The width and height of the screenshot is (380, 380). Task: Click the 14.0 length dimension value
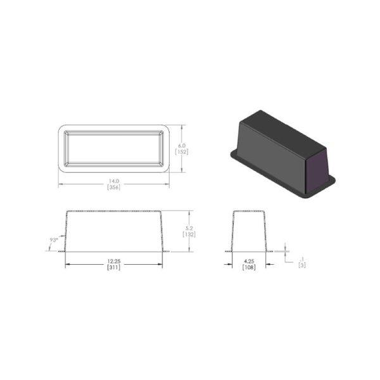point(113,181)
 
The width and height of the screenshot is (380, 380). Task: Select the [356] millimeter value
point(113,187)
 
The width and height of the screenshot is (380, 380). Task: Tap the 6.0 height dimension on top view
point(182,146)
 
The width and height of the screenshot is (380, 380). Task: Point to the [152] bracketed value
point(182,152)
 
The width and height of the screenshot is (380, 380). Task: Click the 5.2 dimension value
point(189,228)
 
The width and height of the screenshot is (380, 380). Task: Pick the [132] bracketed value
point(189,234)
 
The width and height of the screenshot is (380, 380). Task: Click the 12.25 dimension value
point(113,261)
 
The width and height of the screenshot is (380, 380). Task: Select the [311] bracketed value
point(113,267)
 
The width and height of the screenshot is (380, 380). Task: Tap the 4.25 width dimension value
point(249,261)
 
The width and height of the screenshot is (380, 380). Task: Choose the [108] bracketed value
point(249,267)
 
